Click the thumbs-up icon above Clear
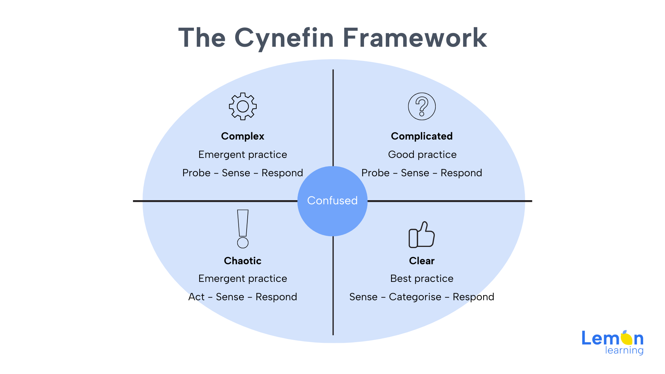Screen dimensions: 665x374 pos(422,239)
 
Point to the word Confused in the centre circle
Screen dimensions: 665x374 pos(332,201)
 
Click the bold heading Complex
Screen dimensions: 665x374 pos(242,136)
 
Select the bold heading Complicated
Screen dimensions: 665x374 pos(422,136)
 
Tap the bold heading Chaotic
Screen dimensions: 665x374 pos(242,261)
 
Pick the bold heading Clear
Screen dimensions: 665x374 pos(422,261)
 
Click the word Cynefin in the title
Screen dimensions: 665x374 pos(284,38)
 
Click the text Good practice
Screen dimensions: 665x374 pos(422,155)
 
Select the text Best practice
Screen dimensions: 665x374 pos(422,279)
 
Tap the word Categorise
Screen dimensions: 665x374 pos(415,297)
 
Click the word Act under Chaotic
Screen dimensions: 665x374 pos(196,297)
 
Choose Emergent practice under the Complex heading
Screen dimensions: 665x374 pos(243,155)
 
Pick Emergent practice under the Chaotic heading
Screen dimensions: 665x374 pos(243,279)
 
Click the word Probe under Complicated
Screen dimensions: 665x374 pos(375,173)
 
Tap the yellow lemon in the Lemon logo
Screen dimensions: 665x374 pos(627,338)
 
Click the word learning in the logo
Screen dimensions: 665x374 pos(624,350)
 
